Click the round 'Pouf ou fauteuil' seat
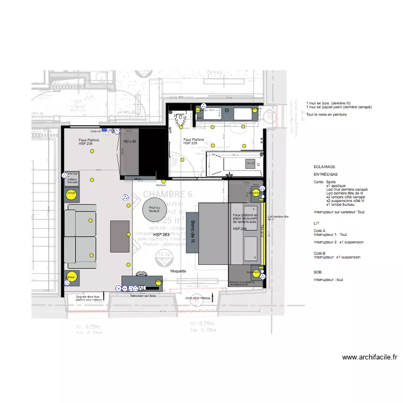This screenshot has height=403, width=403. click(x=155, y=207)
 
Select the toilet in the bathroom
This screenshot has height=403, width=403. click(x=180, y=121)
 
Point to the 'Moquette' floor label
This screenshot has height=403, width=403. click(x=178, y=271)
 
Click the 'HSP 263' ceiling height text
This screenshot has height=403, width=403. click(x=162, y=235)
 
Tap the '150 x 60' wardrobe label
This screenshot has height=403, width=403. click(x=130, y=141)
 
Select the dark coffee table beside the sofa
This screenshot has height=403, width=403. click(x=120, y=236)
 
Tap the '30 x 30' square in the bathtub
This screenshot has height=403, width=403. click(x=250, y=163)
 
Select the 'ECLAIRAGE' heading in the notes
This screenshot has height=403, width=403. click(x=323, y=168)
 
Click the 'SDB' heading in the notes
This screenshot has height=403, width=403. click(x=317, y=272)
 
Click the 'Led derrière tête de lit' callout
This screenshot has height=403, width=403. click(x=278, y=218)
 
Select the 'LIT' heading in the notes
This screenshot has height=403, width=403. click(x=316, y=222)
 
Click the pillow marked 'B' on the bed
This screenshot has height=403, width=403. click(x=250, y=248)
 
